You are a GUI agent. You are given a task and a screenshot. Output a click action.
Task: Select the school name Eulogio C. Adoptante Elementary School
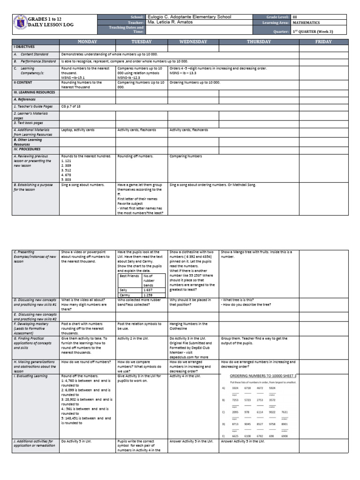point(189,17)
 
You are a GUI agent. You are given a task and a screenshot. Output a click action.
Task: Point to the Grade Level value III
point(295,17)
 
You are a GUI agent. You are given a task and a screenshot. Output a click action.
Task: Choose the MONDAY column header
point(87,42)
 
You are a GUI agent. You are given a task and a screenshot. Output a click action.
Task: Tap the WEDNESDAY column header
point(194,42)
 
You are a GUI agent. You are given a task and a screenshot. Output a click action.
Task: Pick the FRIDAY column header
point(324,42)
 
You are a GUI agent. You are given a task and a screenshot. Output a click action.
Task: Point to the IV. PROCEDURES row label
point(29,149)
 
